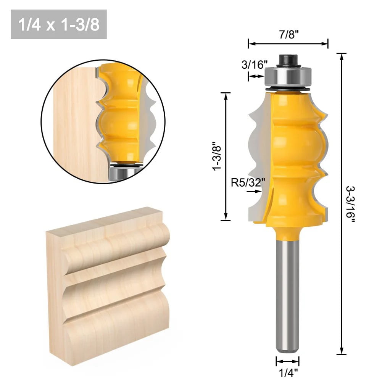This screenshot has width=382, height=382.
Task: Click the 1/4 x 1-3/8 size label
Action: point(58,24)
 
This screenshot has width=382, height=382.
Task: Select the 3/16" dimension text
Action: point(253,64)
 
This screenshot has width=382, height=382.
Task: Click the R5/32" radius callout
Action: point(248,183)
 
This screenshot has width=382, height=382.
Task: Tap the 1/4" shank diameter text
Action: point(287,372)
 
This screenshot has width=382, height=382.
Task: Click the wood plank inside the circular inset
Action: point(73,122)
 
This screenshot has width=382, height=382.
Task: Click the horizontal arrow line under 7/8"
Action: point(288,44)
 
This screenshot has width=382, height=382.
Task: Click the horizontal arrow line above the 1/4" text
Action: point(287,361)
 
